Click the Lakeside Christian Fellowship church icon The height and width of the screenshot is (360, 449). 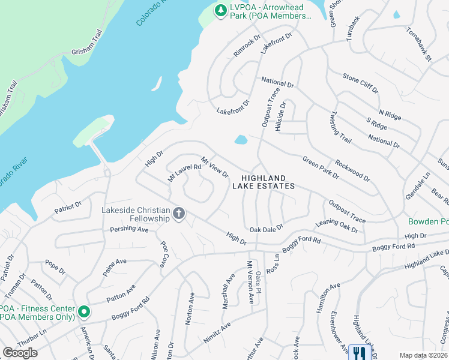(x=178, y=214)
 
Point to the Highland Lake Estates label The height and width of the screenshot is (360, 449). (x=264, y=182)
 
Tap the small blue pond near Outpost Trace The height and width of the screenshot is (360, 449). (x=241, y=140)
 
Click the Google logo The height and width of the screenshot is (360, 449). (x=20, y=353)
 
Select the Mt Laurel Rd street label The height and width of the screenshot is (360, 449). (x=184, y=170)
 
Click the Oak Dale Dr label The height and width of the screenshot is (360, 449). (x=267, y=228)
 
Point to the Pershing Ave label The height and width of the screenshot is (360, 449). (x=129, y=229)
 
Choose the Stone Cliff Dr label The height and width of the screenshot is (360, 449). (x=360, y=83)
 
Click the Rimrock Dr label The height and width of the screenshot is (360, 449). (x=247, y=45)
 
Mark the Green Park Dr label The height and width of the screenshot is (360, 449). (x=321, y=168)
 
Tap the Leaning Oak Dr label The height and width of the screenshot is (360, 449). (x=337, y=226)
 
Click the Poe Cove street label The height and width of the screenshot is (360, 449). (x=163, y=255)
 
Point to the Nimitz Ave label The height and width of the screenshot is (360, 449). (x=217, y=334)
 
